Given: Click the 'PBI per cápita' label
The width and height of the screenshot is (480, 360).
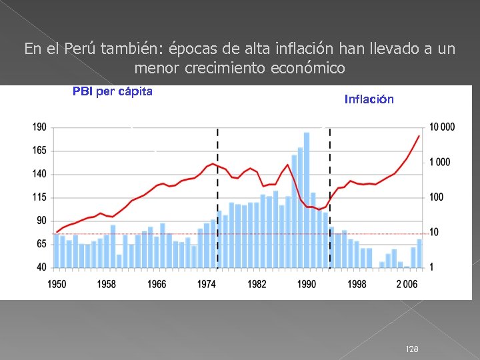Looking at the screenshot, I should [x=112, y=91].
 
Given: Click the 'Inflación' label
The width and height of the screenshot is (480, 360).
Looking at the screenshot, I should [x=369, y=99].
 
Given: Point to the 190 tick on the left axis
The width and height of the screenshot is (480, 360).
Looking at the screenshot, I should [x=39, y=127].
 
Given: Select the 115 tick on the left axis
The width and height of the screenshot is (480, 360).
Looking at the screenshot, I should [x=39, y=197].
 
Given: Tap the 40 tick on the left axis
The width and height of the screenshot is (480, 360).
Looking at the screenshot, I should [x=41, y=267].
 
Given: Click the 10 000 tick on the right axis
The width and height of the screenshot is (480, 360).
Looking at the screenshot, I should [x=442, y=127].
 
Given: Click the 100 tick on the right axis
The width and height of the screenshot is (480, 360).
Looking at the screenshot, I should [x=438, y=197].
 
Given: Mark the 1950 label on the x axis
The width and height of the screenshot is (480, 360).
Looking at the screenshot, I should [x=57, y=284].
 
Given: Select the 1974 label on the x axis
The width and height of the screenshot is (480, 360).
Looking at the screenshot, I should [x=207, y=284].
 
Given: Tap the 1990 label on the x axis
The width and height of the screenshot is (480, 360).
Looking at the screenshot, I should [x=307, y=284].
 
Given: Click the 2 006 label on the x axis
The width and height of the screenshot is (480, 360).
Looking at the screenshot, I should [x=407, y=284].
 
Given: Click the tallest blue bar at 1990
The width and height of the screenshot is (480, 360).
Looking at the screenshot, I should [x=307, y=200].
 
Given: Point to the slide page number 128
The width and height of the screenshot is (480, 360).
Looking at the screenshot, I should [x=413, y=349].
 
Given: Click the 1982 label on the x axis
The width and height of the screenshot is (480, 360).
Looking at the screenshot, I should [x=257, y=284].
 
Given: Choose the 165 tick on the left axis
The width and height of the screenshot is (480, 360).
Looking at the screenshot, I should [x=39, y=151].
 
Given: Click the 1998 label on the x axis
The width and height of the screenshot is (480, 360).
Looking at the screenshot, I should [x=357, y=284].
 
